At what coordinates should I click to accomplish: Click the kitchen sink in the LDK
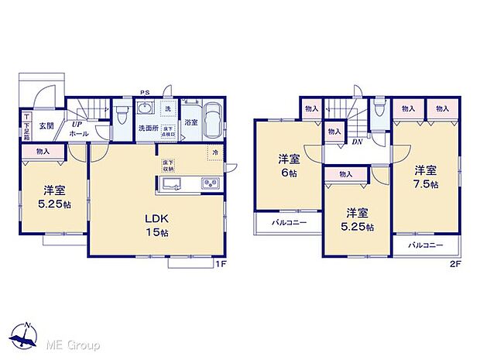(172, 183)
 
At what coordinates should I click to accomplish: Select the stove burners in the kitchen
(210, 183)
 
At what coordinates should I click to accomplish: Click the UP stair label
(78, 124)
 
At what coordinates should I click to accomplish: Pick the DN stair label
(357, 141)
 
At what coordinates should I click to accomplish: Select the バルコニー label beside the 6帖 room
(289, 223)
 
